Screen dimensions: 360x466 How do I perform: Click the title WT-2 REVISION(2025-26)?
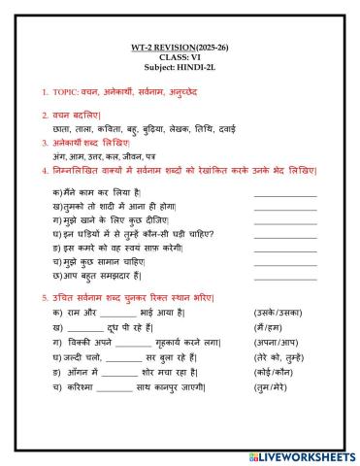tap(180, 48)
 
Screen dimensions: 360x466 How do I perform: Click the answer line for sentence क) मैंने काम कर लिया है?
tap(284, 195)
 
